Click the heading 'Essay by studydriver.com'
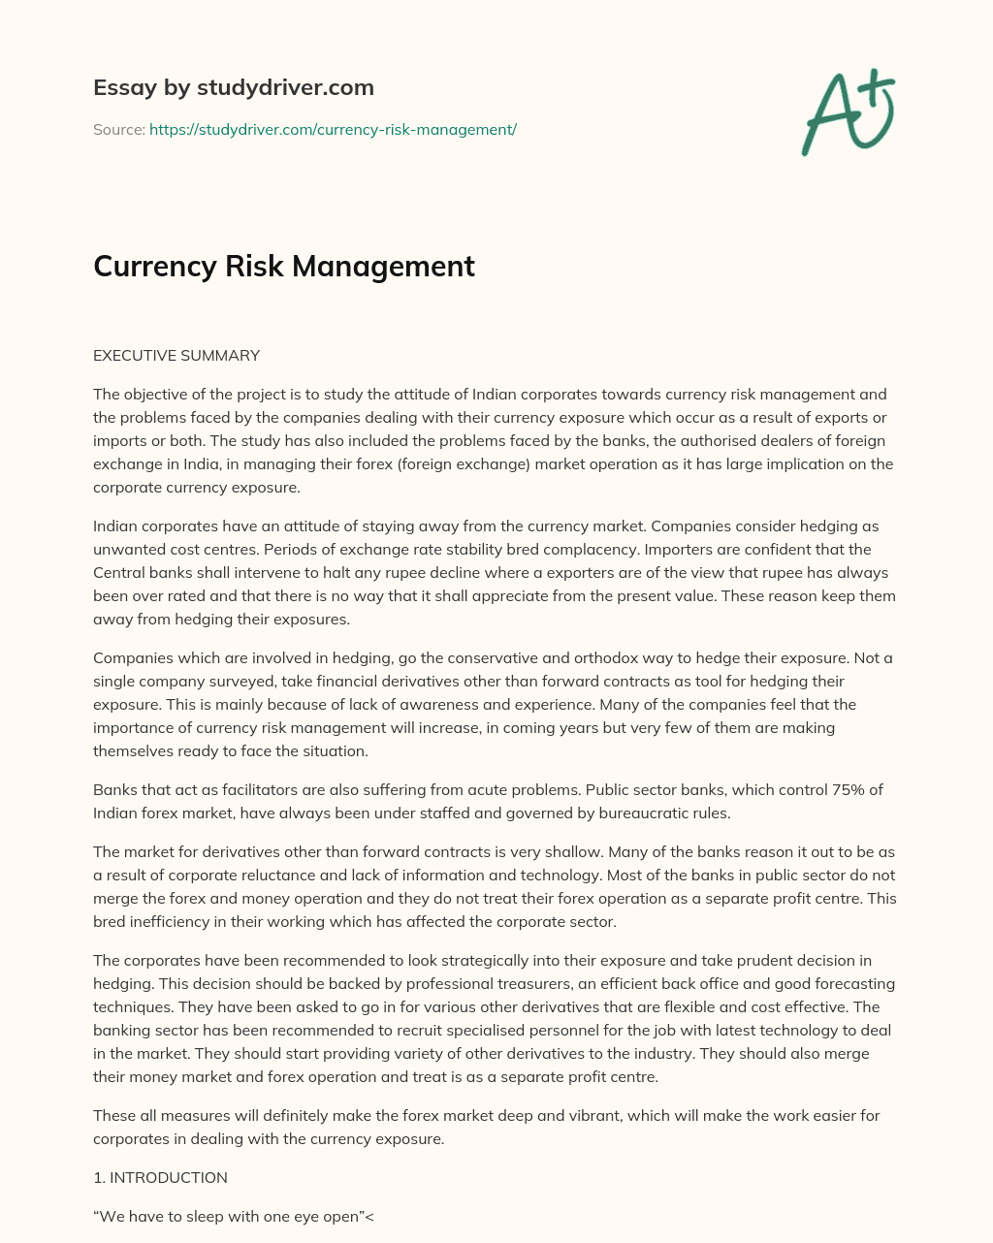[233, 87]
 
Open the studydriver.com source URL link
[333, 129]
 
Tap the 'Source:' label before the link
[118, 129]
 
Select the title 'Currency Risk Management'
[283, 266]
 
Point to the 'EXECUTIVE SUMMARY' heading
[176, 355]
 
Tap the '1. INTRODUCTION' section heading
[160, 1177]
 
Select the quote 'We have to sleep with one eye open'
[228, 1217]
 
